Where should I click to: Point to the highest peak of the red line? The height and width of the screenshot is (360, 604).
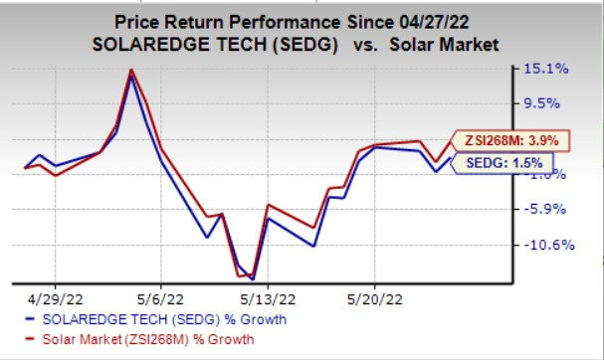click(131, 71)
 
